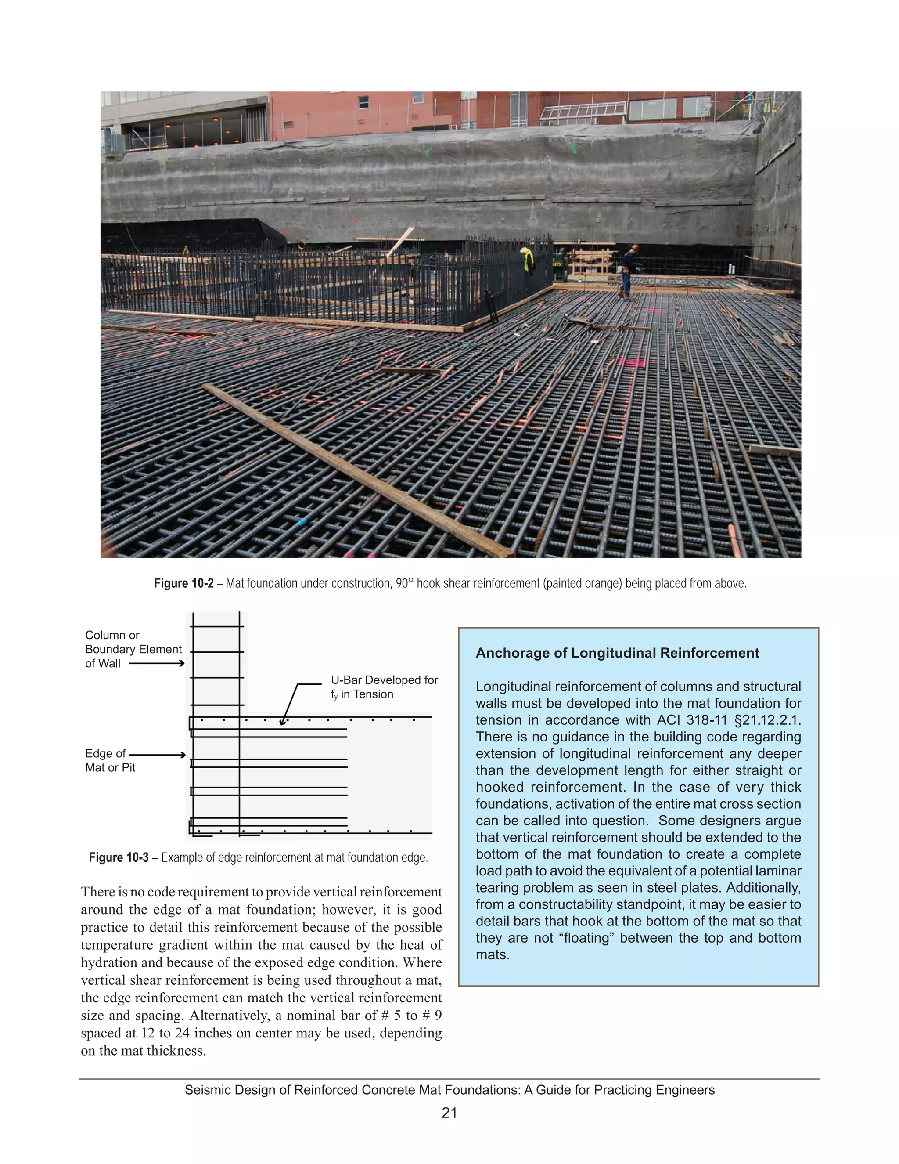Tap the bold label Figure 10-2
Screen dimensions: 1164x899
[183, 584]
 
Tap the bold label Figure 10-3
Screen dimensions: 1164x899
[118, 857]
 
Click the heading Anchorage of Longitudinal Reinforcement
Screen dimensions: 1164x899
[617, 654]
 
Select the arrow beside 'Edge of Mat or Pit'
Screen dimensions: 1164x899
[158, 755]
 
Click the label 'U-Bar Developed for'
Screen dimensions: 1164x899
[384, 680]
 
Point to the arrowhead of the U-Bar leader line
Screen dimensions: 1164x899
[283, 723]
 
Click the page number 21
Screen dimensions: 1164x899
[449, 1113]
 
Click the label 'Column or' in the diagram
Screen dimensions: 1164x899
[112, 635]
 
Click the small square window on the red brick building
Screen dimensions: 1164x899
[364, 102]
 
